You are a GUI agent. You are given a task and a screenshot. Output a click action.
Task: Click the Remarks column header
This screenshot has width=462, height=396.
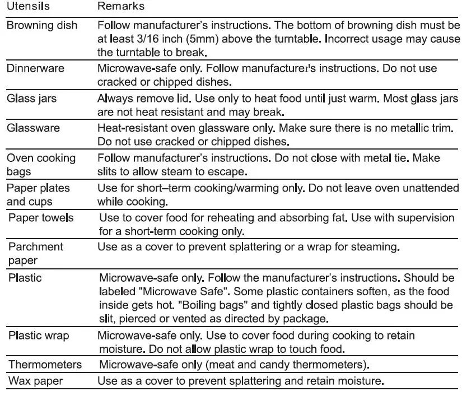pos(121,7)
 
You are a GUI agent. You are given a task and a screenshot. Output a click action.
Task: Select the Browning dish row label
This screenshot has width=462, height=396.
pos(42,26)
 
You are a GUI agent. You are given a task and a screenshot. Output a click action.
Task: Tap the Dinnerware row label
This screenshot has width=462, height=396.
pos(35,68)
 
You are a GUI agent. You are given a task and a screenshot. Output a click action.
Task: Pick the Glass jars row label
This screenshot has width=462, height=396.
pos(32,98)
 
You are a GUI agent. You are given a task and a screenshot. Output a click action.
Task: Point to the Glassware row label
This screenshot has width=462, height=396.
pos(33,128)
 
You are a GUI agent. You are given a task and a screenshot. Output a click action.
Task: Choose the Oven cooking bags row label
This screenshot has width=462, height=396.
pos(41,164)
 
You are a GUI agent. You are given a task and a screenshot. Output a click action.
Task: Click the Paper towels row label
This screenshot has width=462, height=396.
pos(41,217)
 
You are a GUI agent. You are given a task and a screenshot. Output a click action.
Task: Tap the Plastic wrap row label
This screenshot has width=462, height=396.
pos(39,336)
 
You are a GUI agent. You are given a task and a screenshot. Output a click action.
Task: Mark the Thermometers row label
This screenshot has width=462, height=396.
pos(44,365)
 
